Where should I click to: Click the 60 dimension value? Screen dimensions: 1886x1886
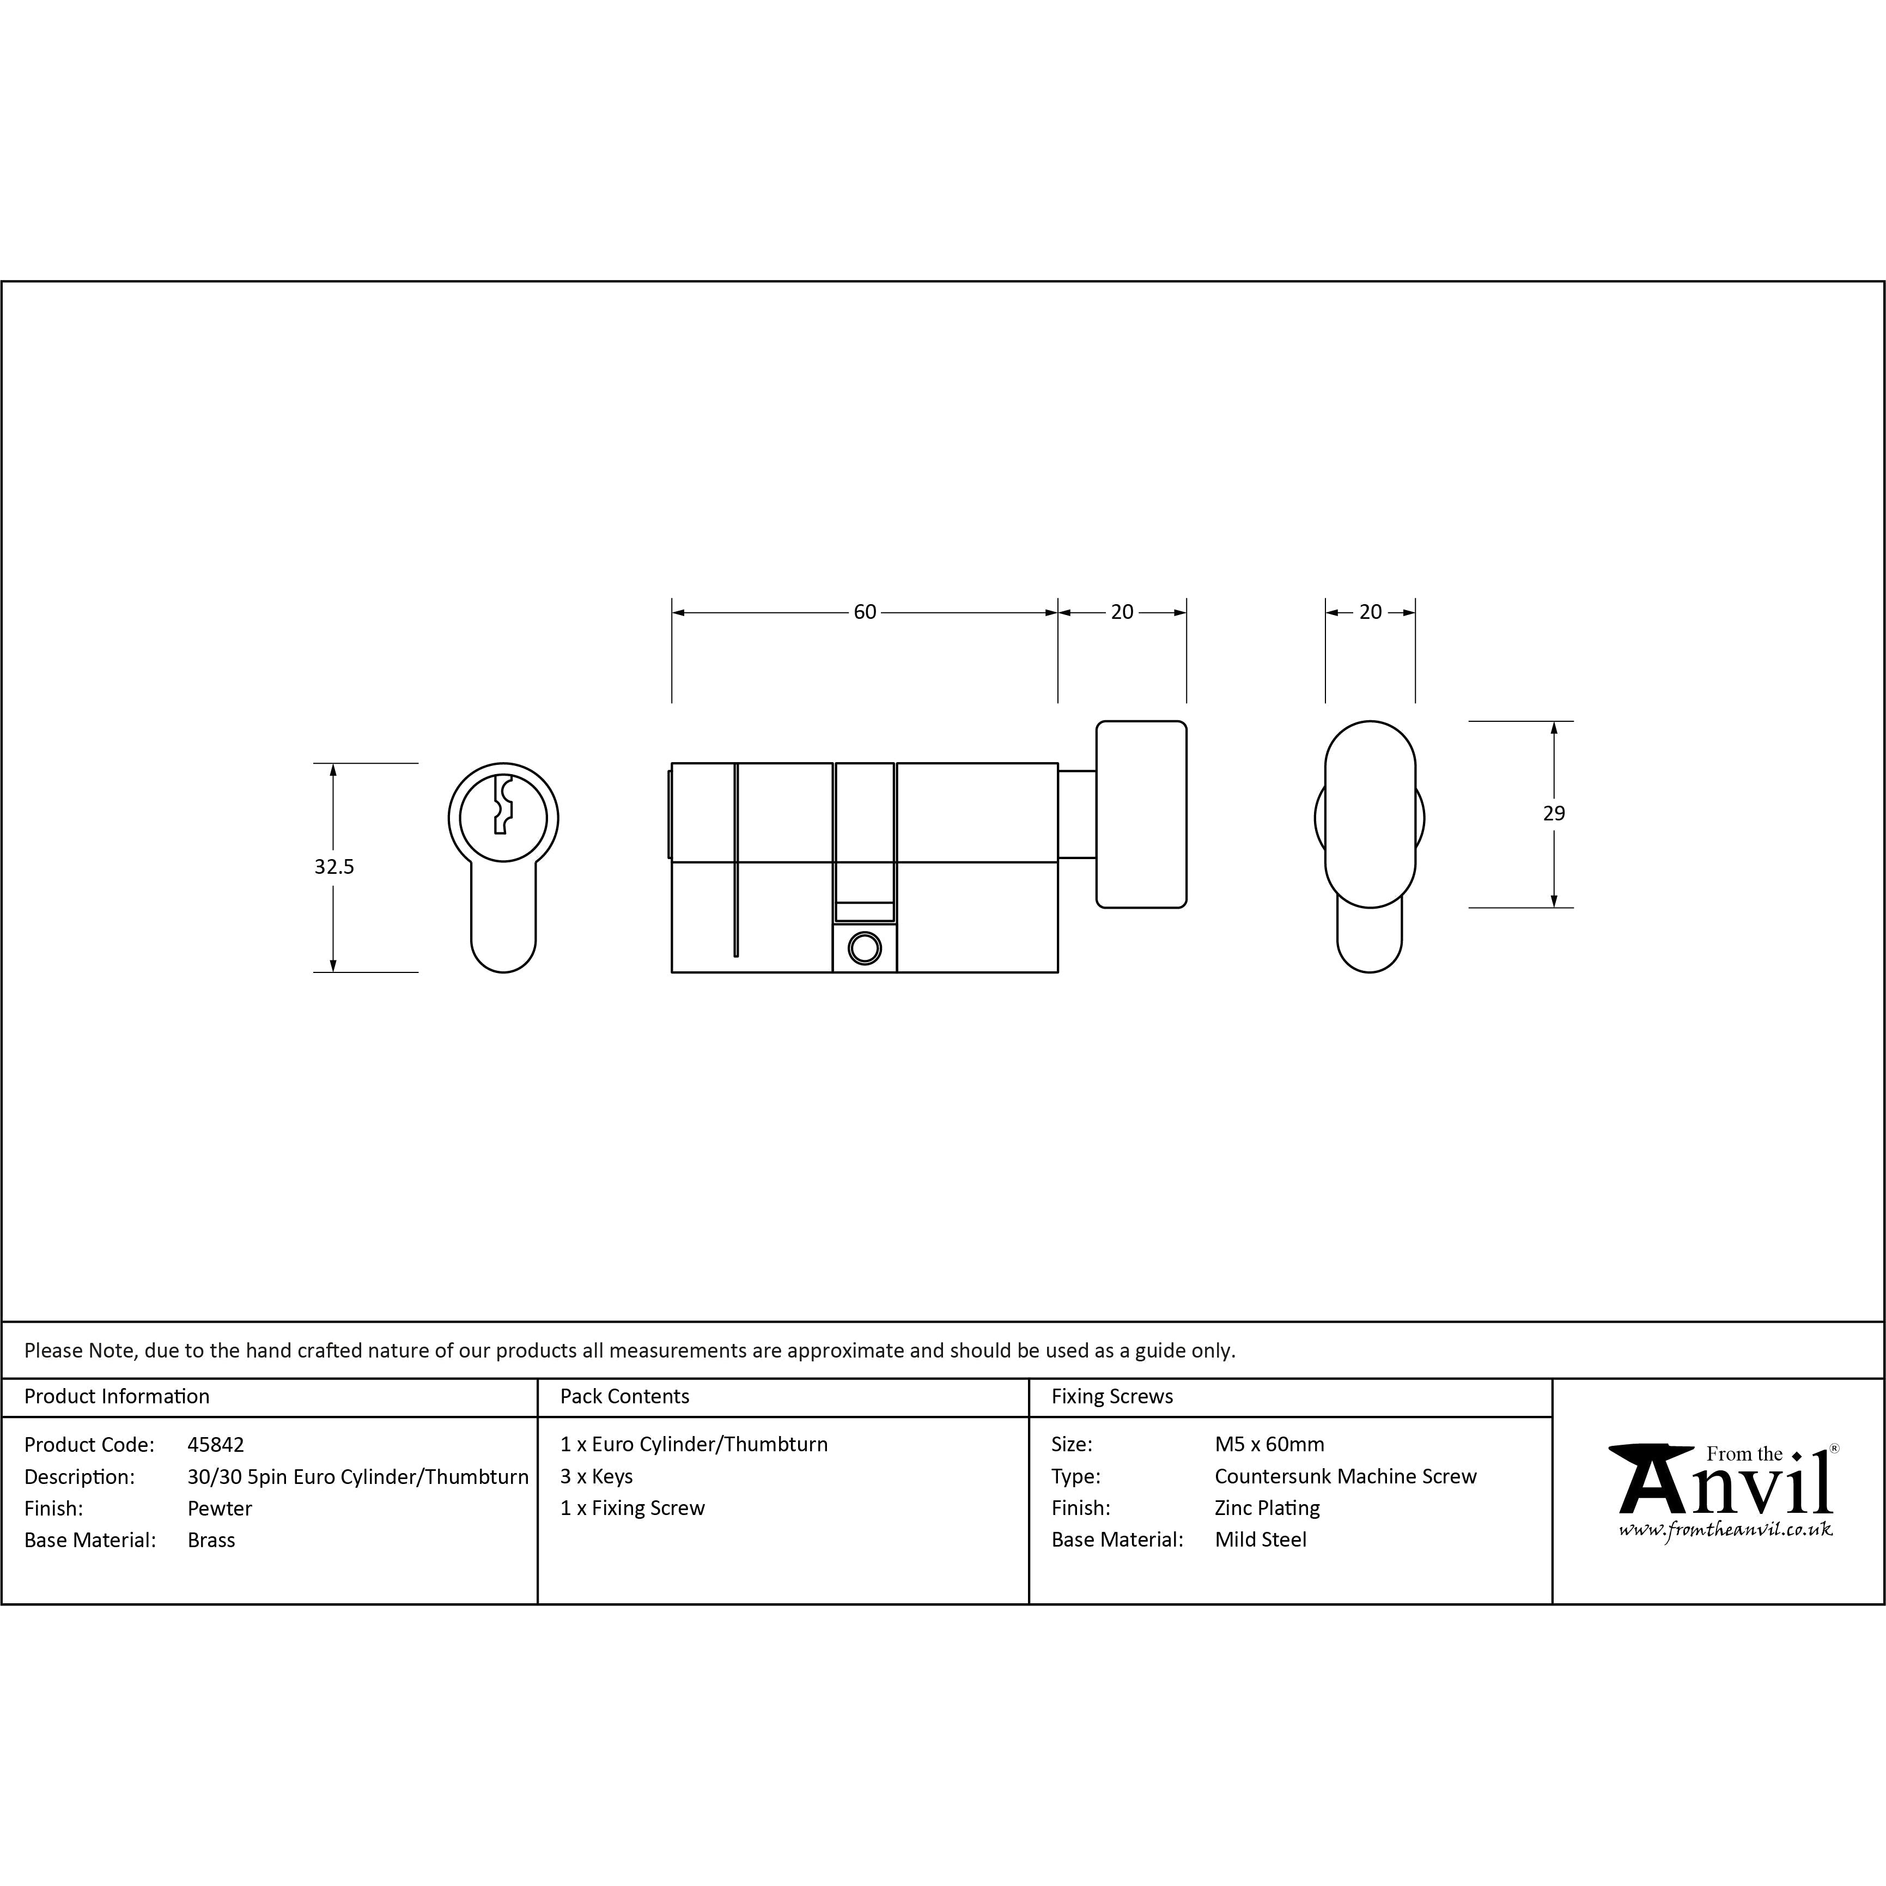coord(865,612)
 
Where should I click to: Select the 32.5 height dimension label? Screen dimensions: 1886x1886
coord(334,866)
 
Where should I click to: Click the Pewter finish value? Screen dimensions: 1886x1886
coord(220,1508)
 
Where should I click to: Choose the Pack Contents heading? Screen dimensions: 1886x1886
coord(625,1396)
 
